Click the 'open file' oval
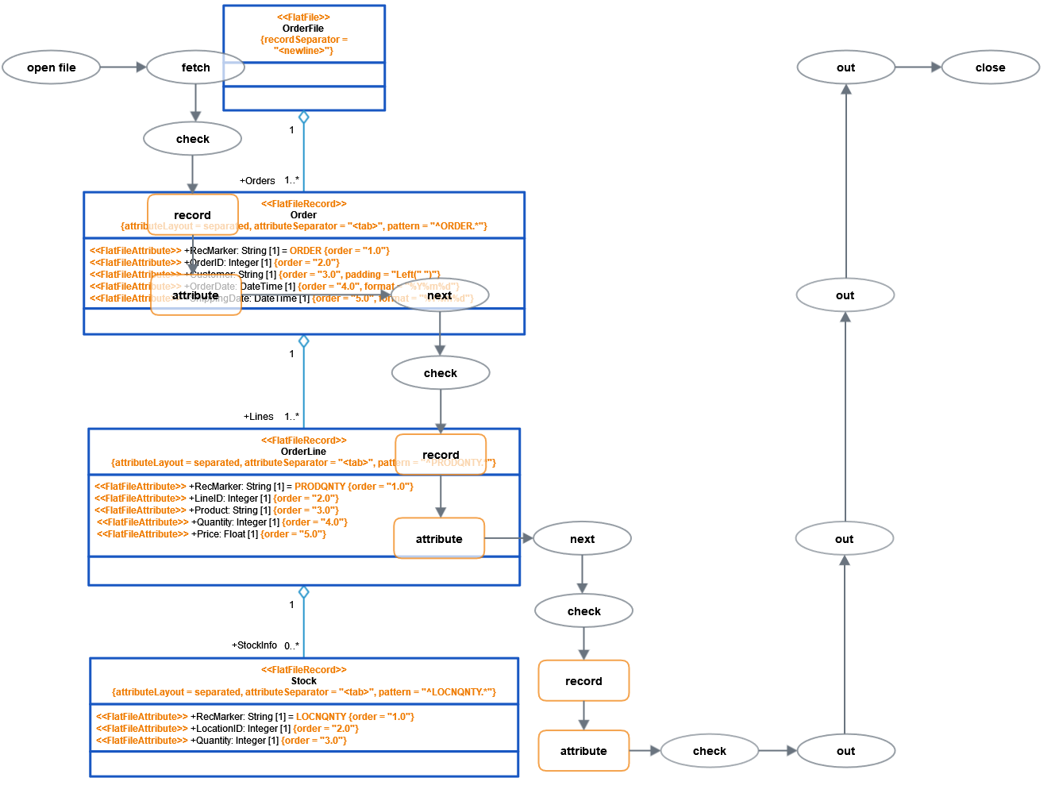click(52, 67)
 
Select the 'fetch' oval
click(195, 67)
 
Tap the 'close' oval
click(990, 67)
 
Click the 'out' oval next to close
click(845, 67)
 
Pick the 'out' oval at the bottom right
click(845, 751)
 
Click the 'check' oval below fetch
click(192, 139)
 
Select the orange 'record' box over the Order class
click(192, 215)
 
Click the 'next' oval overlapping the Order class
click(440, 295)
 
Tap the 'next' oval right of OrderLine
click(582, 539)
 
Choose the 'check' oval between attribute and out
click(709, 751)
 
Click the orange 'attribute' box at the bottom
click(583, 751)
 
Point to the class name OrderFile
click(303, 29)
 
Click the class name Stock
click(303, 681)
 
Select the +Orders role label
click(257, 181)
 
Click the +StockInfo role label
click(254, 645)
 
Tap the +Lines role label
click(259, 417)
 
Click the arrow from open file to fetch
click(124, 67)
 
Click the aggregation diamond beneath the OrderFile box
click(303, 117)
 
